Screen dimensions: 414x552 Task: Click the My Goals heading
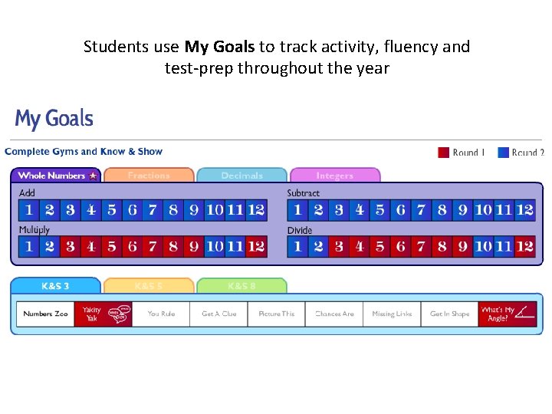[54, 120]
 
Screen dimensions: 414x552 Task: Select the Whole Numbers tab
[57, 176]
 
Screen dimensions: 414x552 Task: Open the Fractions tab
[149, 176]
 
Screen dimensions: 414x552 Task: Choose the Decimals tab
[242, 176]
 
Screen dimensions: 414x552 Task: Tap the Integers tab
[335, 176]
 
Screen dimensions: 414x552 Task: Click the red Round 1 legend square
[443, 153]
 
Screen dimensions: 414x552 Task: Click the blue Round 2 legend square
[504, 153]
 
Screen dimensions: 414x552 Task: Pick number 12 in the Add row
[256, 209]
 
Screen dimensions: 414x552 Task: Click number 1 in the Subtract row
[297, 209]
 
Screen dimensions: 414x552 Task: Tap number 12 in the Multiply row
[256, 246]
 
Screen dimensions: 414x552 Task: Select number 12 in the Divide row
[524, 246]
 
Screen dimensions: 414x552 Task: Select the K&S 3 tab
[55, 286]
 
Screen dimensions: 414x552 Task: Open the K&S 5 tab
[149, 286]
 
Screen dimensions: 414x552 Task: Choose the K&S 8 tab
[242, 286]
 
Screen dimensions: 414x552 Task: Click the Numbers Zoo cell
[45, 314]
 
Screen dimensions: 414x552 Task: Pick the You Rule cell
[161, 314]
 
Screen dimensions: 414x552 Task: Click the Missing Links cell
[392, 314]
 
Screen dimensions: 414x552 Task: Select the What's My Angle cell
[507, 314]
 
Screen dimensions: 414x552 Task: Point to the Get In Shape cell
[449, 314]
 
